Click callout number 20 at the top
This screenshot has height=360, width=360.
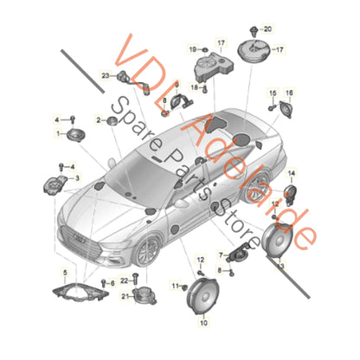(x=267, y=30)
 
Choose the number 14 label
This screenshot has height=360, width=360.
(x=291, y=174)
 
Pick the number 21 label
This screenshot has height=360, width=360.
(x=125, y=296)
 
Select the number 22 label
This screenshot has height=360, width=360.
(x=124, y=280)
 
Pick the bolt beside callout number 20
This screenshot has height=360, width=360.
(x=254, y=30)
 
